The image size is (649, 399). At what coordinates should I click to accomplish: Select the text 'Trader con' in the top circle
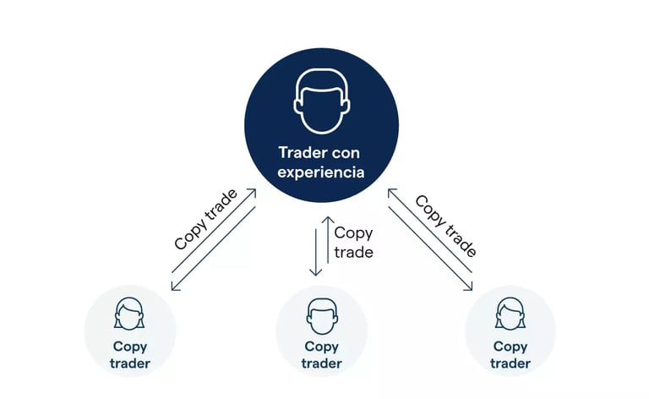point(322,153)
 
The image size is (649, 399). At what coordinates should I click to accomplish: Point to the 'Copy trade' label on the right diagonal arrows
point(445,226)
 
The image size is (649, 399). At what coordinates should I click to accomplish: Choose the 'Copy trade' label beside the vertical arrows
point(353,242)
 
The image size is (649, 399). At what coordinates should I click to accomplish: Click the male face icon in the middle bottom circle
point(321,314)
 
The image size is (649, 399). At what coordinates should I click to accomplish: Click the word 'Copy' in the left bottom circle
point(129,347)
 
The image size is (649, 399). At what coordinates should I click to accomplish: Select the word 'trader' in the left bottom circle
point(129,363)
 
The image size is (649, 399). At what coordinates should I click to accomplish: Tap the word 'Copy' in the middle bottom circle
point(321,347)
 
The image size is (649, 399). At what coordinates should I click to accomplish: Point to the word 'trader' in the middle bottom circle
point(321,363)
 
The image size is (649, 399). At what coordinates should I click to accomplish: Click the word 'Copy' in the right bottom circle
point(510,347)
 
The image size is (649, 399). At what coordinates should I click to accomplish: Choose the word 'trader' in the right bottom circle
point(510,363)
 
